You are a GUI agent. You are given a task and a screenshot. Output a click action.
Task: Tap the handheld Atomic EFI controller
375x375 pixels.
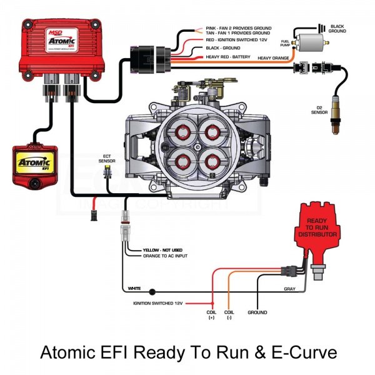click(x=35, y=165)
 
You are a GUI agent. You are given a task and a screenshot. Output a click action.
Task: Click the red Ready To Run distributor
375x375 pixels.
click(x=317, y=234)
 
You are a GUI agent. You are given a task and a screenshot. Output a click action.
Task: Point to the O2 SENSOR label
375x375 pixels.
click(x=319, y=111)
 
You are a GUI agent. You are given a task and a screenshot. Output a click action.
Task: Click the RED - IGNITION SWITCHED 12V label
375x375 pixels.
click(x=238, y=40)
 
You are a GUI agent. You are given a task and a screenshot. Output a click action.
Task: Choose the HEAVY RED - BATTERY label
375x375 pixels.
click(x=228, y=57)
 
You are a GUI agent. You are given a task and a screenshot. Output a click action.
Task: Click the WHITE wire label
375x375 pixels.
click(x=134, y=289)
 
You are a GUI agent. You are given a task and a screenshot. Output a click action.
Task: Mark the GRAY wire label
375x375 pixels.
click(x=289, y=289)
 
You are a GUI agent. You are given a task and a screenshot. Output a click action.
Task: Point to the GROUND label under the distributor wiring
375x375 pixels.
click(x=257, y=312)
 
